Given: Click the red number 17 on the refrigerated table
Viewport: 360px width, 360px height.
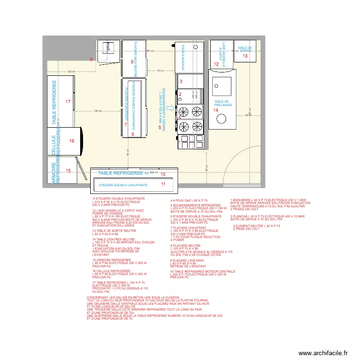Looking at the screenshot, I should (x=68, y=101).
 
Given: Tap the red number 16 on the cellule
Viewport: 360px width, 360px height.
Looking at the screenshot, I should (x=72, y=141).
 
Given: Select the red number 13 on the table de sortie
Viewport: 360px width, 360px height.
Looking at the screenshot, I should (x=245, y=56).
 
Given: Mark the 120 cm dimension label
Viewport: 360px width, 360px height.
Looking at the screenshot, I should (x=97, y=111).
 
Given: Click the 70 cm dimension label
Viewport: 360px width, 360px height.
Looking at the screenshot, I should (x=160, y=71).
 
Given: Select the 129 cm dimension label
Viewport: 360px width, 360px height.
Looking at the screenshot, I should (x=71, y=72).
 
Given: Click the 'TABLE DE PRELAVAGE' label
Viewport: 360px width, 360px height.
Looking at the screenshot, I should (x=223, y=103).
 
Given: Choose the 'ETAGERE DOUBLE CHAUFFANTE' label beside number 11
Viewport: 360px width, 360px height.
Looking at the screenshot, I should (x=123, y=185).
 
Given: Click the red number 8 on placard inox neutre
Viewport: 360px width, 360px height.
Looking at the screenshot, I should (x=132, y=61).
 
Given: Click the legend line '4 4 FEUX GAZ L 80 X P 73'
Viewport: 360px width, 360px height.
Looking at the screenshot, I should (x=189, y=200).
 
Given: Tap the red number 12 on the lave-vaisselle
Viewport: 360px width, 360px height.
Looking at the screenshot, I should (x=216, y=64).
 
